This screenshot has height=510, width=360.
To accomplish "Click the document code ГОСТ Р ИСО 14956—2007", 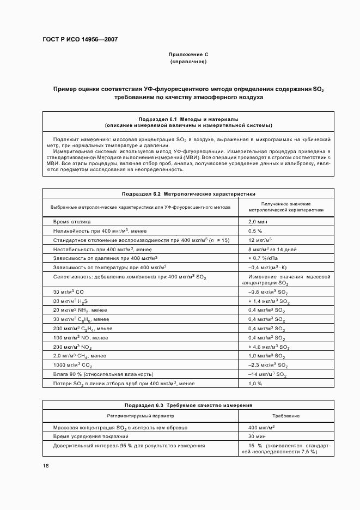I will click(x=80, y=40).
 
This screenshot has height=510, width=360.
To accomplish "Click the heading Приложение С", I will click(x=188, y=54).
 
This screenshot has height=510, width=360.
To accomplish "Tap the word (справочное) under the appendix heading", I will click(x=188, y=62).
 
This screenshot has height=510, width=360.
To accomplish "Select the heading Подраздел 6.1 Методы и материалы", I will click(x=188, y=118).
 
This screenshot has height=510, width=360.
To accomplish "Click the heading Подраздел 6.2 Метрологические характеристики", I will click(x=188, y=193).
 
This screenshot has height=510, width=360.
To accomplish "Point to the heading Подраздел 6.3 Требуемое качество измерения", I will click(x=188, y=405).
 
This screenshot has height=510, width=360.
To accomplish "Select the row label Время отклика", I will click(x=72, y=222).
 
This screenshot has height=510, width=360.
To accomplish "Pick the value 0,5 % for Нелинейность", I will click(x=256, y=230).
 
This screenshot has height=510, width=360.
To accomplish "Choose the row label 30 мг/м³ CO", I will click(x=68, y=292).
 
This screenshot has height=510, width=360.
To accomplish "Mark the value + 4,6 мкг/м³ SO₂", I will click(x=269, y=346).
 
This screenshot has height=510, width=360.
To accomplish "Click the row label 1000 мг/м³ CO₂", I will click(x=73, y=365).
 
